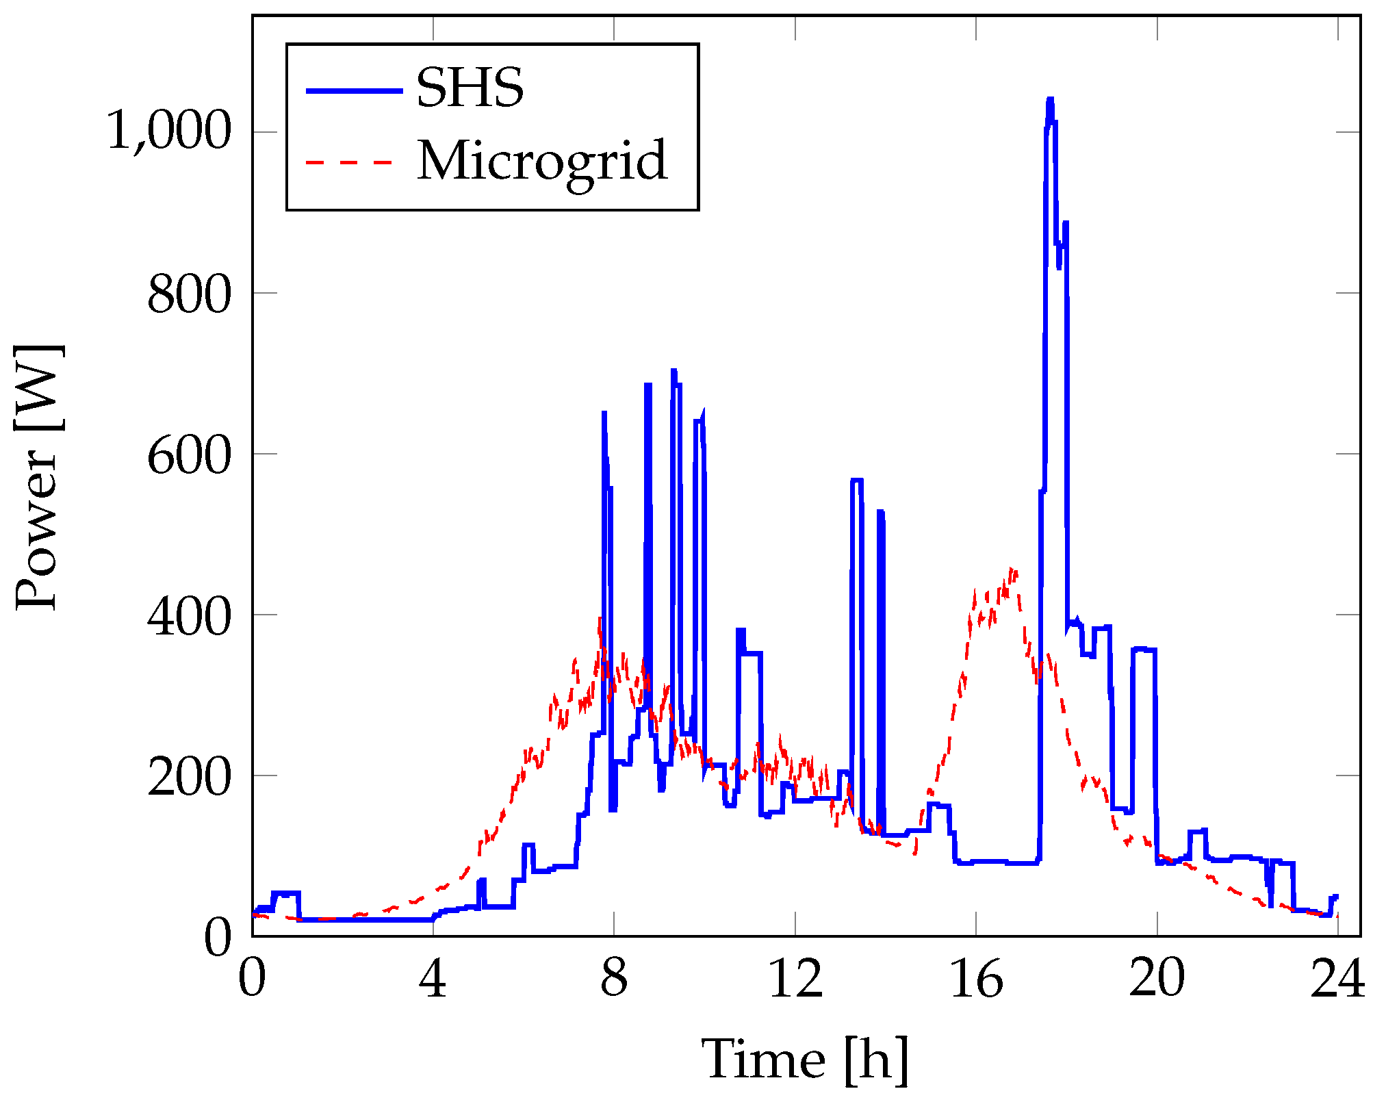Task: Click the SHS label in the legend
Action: [x=470, y=88]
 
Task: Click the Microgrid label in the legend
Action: [x=542, y=162]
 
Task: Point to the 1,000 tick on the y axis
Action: [x=169, y=131]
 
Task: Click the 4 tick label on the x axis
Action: [x=433, y=979]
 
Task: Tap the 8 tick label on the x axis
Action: [x=613, y=979]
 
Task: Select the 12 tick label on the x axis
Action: [x=795, y=979]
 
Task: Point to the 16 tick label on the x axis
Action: [x=976, y=979]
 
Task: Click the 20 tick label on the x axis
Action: [x=1157, y=979]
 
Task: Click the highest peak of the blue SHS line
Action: [x=1050, y=100]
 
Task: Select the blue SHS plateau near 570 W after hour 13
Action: [x=856, y=480]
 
